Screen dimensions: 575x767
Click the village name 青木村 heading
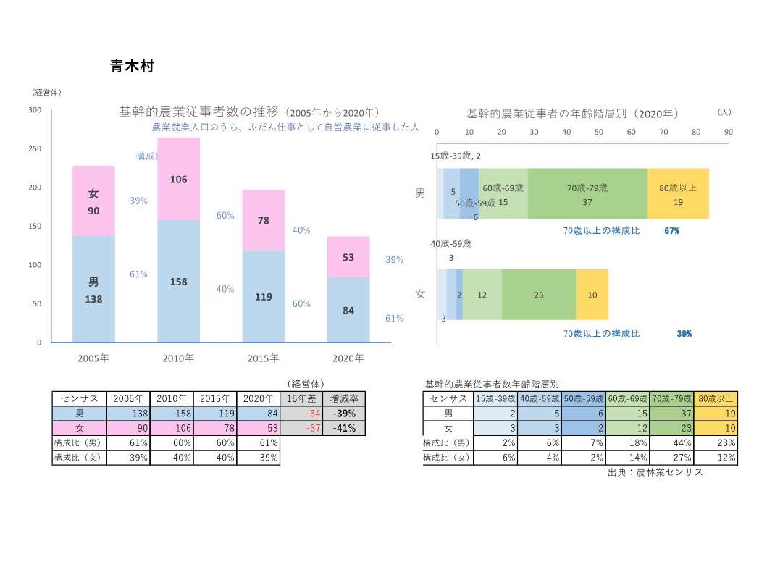click(x=132, y=67)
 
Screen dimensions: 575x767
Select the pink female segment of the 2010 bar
click(x=178, y=179)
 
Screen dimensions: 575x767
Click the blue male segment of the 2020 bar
click(x=348, y=310)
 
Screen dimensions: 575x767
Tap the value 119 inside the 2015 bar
click(x=264, y=297)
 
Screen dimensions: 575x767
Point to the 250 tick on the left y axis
click(x=34, y=148)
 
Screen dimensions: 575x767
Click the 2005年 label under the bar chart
click(x=93, y=358)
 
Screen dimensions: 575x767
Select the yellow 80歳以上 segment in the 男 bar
click(x=678, y=193)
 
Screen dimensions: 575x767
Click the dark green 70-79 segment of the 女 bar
click(x=538, y=295)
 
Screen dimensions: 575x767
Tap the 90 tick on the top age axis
click(x=729, y=132)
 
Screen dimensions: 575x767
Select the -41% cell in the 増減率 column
click(x=344, y=428)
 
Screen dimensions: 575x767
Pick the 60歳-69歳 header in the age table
click(x=628, y=398)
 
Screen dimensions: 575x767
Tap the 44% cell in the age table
click(x=671, y=442)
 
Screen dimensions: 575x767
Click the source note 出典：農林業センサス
click(x=655, y=472)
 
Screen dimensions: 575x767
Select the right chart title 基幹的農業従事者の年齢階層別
click(x=572, y=114)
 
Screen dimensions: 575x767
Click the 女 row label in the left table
click(x=80, y=428)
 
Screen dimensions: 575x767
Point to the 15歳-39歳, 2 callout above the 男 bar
click(x=456, y=156)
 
